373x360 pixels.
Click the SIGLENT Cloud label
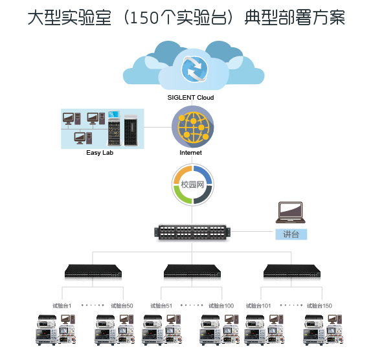tap(190, 98)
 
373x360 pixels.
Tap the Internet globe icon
tap(193, 127)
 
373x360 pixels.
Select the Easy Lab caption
tap(100, 153)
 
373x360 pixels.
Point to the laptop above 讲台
tap(291, 212)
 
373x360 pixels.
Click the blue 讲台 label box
tap(291, 234)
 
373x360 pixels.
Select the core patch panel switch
tap(192, 232)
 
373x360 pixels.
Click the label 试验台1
tap(62, 306)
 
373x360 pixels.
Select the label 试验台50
tap(122, 306)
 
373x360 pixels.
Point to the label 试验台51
tap(161, 306)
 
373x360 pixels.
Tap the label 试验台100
tap(221, 306)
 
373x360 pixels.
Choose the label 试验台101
tap(258, 306)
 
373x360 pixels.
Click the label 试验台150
tap(319, 306)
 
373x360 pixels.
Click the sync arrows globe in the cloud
tap(194, 69)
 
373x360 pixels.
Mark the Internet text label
tap(190, 153)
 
